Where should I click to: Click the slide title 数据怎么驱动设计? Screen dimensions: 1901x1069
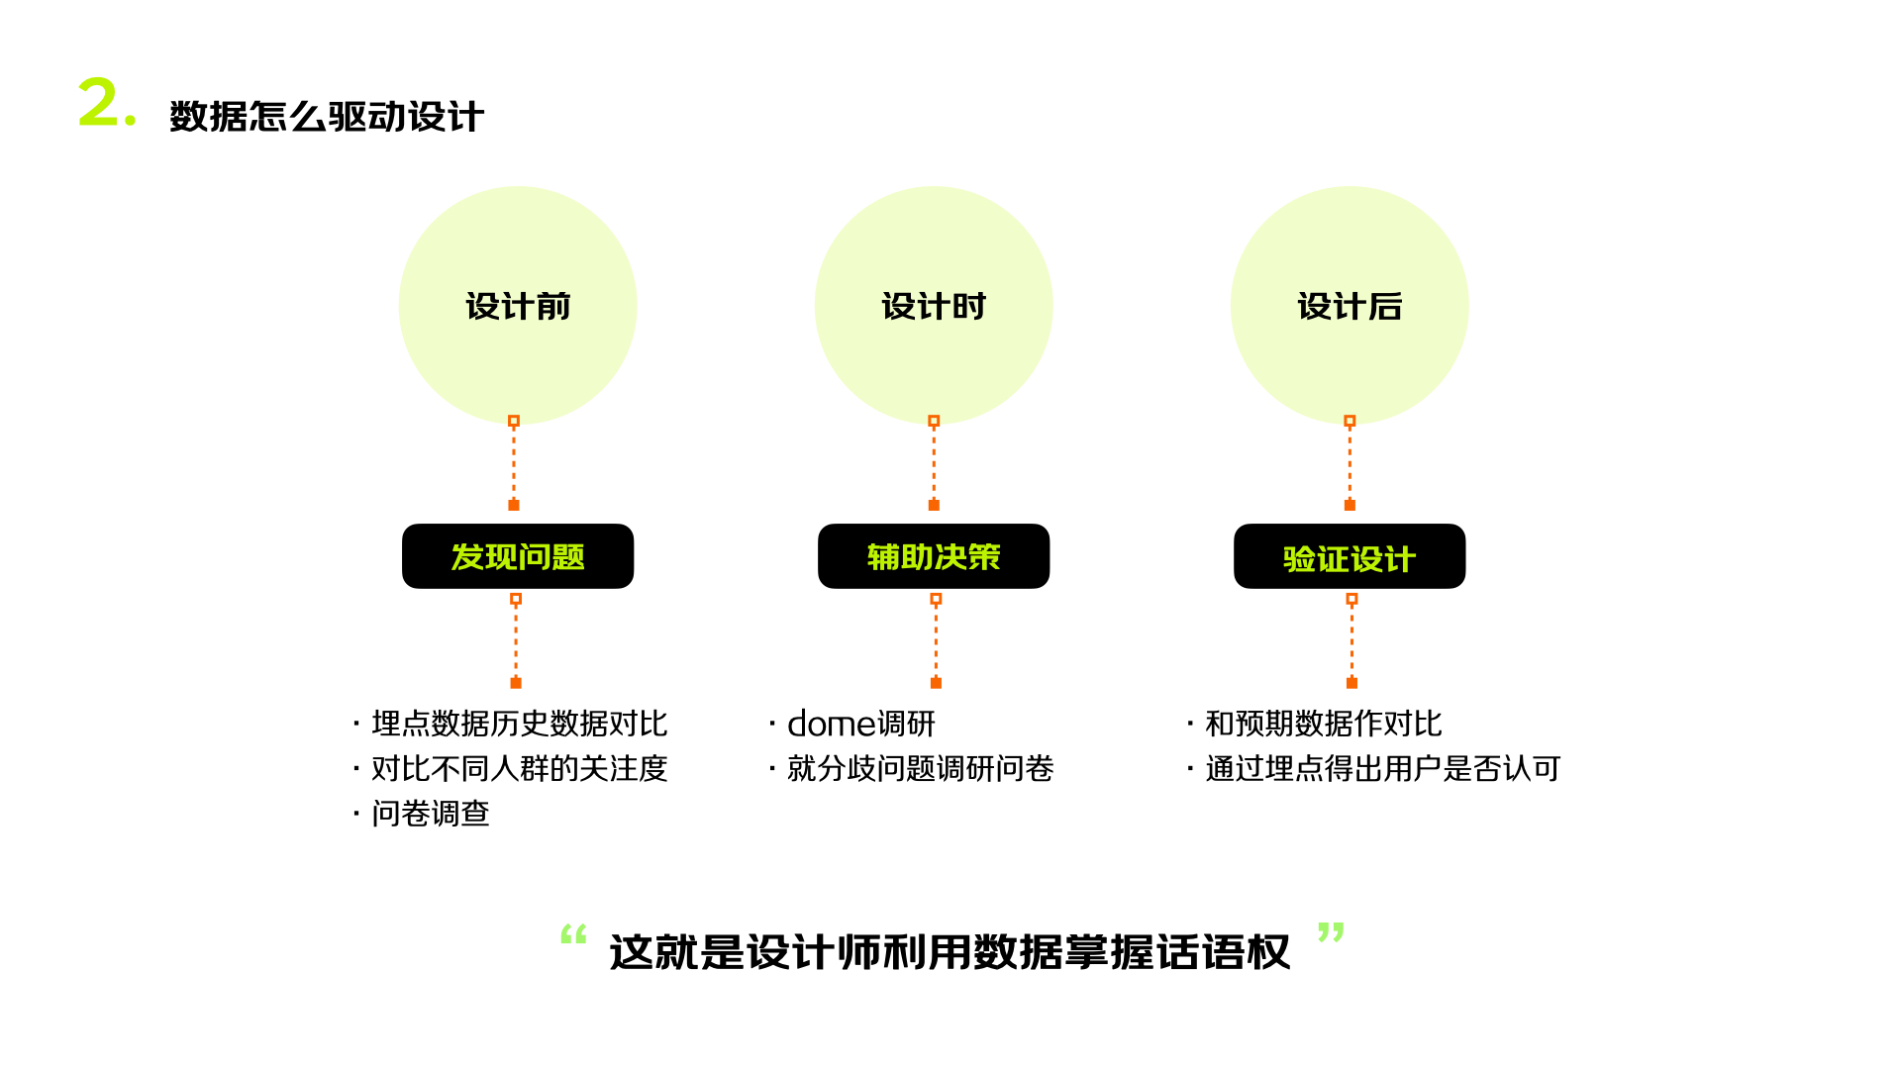(x=326, y=117)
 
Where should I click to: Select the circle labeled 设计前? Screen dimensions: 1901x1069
(x=517, y=306)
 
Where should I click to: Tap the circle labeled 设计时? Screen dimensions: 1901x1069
(x=933, y=306)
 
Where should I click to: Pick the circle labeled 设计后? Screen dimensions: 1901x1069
(x=1349, y=306)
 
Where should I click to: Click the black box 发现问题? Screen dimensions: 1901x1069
(x=517, y=556)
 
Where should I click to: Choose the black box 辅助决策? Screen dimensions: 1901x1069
(x=933, y=556)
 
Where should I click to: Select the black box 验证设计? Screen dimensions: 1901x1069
(x=1349, y=556)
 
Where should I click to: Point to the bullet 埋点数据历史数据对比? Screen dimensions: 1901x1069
(x=519, y=724)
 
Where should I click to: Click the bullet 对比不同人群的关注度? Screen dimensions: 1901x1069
(x=519, y=768)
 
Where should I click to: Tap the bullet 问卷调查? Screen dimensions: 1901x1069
(x=430, y=814)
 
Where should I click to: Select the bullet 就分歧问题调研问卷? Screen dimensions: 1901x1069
(x=920, y=768)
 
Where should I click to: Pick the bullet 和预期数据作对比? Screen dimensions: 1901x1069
(x=1323, y=724)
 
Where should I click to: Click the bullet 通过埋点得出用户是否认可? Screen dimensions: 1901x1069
(x=1382, y=768)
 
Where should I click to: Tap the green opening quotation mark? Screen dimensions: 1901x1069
(x=573, y=933)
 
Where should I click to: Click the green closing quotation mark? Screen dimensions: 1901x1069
(x=1331, y=932)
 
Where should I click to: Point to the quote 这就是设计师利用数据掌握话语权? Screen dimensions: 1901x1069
(x=950, y=952)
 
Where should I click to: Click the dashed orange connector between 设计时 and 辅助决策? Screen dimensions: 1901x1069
(x=934, y=463)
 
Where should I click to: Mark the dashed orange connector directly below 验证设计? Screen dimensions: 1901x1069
(x=1351, y=641)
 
